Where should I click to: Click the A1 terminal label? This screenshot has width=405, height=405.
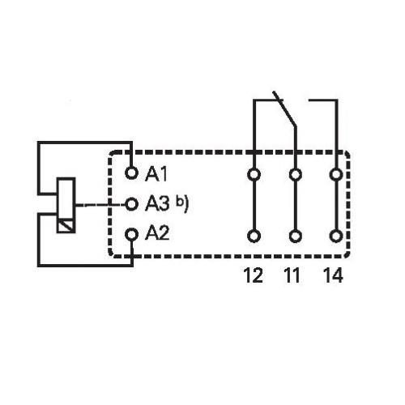(156, 174)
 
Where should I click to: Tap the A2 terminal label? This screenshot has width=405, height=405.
(157, 232)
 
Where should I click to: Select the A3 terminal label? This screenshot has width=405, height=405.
(157, 203)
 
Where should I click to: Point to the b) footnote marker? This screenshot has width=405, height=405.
(182, 203)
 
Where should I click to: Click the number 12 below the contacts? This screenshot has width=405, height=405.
(254, 275)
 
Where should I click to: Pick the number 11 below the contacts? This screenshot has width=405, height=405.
(292, 275)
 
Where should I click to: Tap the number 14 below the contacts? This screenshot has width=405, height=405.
(334, 275)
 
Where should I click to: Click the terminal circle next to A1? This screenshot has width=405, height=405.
(132, 173)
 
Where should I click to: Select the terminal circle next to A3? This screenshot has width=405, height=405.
(132, 204)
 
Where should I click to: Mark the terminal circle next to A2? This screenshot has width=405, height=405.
(132, 234)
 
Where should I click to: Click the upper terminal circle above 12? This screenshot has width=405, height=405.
(254, 174)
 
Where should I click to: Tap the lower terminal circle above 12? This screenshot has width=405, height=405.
(254, 237)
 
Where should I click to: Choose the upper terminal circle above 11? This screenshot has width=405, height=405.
(296, 174)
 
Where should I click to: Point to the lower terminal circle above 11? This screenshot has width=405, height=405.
(296, 237)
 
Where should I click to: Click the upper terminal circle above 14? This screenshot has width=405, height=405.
(336, 174)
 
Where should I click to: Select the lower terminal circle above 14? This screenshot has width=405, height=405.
(336, 237)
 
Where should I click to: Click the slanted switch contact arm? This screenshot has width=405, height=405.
(284, 109)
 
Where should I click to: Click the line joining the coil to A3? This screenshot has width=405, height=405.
(100, 204)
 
